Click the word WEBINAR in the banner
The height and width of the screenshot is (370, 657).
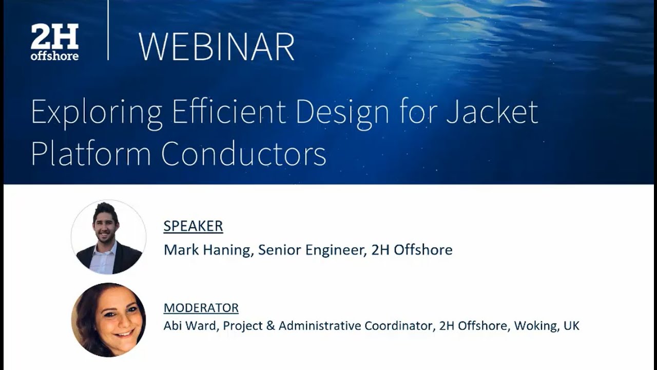coord(216,47)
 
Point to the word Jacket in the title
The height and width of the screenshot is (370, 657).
coord(492,112)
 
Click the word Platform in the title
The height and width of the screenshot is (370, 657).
coord(91,153)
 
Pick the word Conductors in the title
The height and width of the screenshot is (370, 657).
coord(244,153)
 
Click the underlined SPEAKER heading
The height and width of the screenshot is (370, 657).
coord(193,226)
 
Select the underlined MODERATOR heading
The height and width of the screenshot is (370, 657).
coord(201,308)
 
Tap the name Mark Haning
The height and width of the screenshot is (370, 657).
coord(207,250)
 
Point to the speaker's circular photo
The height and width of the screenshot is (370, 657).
coord(108,237)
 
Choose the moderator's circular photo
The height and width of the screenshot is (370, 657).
coord(108,320)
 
